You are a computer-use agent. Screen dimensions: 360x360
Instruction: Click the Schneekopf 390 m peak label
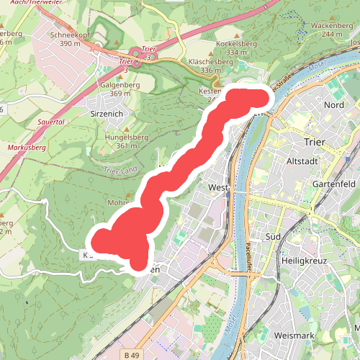[x=70, y=39]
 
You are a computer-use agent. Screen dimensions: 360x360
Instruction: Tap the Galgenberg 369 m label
[x=115, y=89]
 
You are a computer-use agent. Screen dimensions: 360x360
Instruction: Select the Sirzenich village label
[x=107, y=114]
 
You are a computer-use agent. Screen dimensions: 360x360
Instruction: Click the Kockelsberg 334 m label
[x=216, y=48]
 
